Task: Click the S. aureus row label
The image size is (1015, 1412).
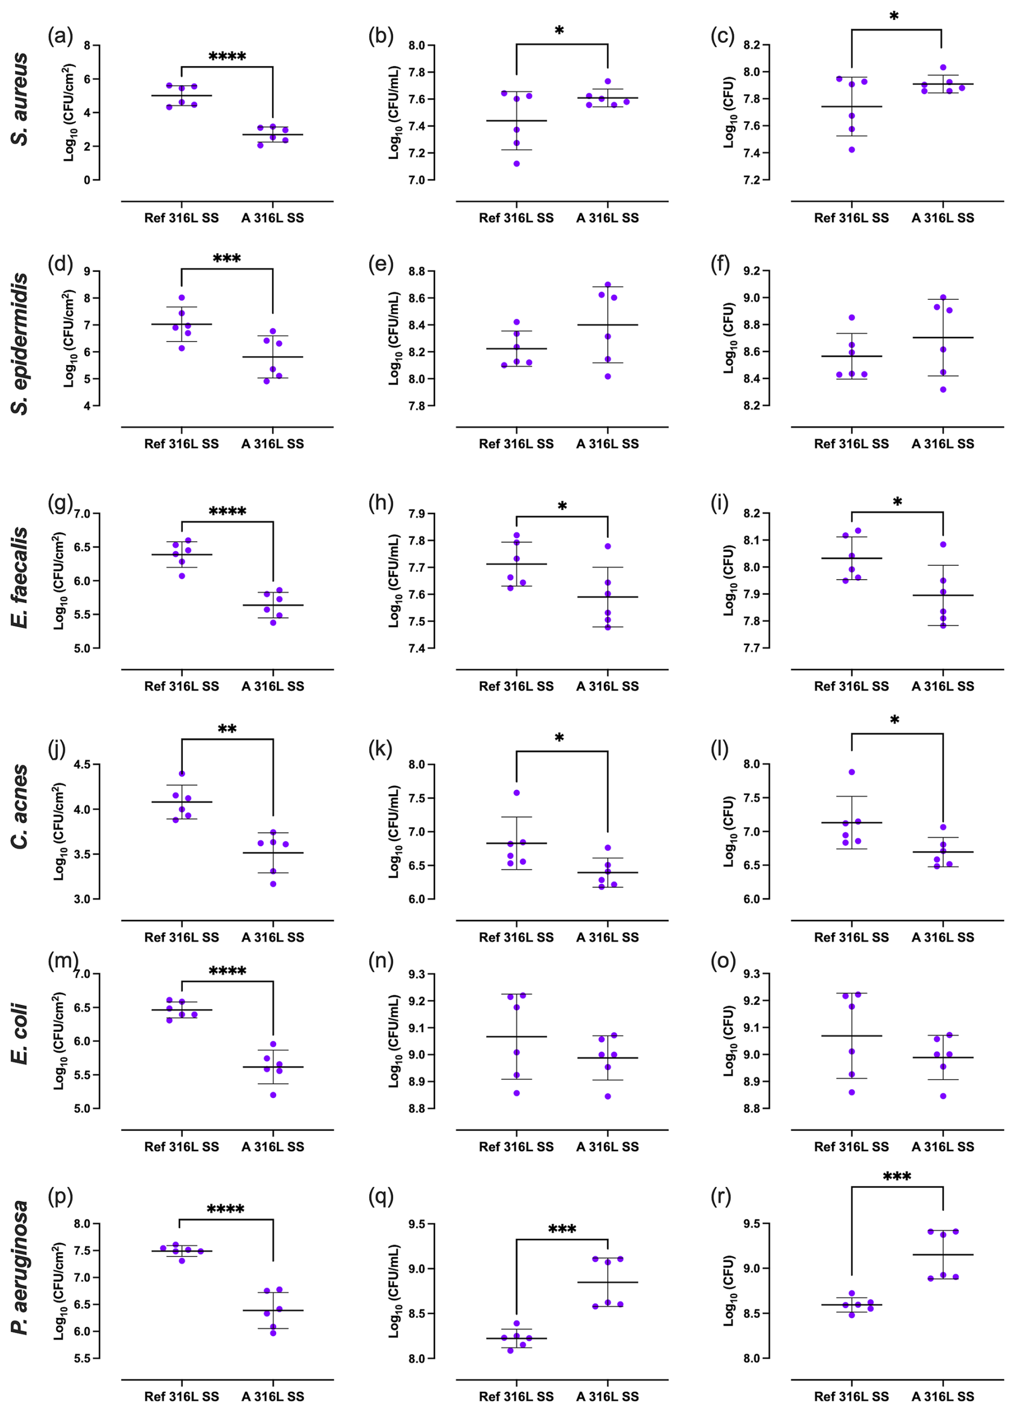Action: click(x=20, y=100)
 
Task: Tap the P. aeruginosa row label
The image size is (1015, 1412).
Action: click(x=20, y=1268)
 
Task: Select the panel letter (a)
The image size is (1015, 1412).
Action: click(x=61, y=36)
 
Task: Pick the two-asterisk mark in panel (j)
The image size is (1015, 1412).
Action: click(x=227, y=729)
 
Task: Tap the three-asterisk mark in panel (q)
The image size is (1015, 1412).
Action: click(x=562, y=1230)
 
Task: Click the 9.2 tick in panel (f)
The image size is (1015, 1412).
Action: click(x=752, y=271)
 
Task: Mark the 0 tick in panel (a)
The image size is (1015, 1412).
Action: click(x=87, y=180)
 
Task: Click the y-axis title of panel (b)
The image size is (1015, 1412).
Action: click(x=394, y=112)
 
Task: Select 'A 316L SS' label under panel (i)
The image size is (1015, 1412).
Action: click(x=943, y=686)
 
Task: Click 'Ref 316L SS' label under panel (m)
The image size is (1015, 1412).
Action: click(x=181, y=1147)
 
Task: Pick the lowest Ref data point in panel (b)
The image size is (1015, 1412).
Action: click(x=516, y=164)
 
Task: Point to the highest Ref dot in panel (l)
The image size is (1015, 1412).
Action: click(x=851, y=772)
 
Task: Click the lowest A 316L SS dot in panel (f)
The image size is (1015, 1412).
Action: click(x=944, y=390)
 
